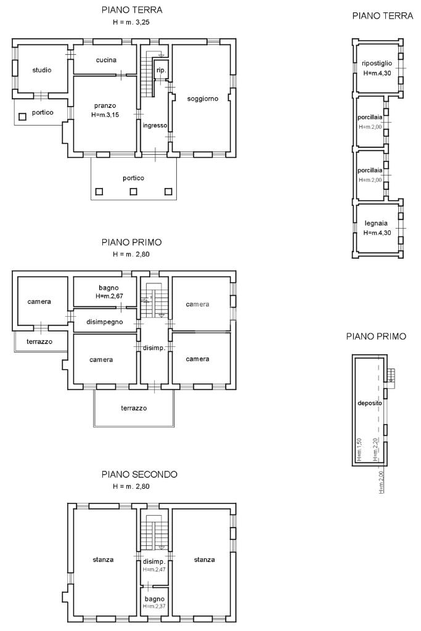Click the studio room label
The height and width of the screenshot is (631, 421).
(42, 70)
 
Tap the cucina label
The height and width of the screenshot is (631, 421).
(106, 60)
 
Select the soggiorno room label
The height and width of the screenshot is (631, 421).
(202, 99)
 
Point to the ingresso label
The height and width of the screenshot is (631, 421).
(155, 126)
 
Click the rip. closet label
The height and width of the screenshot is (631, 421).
(161, 70)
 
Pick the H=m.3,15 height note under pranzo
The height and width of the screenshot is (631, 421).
(105, 115)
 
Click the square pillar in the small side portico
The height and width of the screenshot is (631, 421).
(23, 116)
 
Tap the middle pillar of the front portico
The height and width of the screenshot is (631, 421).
(133, 192)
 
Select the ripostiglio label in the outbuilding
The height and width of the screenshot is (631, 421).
(377, 63)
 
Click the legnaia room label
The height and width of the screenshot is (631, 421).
(376, 223)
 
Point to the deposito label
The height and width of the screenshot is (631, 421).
(369, 403)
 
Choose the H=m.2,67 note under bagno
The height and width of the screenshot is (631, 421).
(110, 296)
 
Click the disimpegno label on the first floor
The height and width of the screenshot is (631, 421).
(105, 322)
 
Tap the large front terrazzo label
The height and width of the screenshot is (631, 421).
(134, 408)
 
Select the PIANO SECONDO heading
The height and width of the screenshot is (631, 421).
(139, 474)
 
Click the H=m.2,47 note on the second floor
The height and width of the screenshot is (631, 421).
(154, 569)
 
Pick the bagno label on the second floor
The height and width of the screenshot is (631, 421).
(155, 599)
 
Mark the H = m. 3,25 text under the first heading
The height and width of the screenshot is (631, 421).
(131, 23)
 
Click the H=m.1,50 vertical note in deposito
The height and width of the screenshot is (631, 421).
(359, 449)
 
